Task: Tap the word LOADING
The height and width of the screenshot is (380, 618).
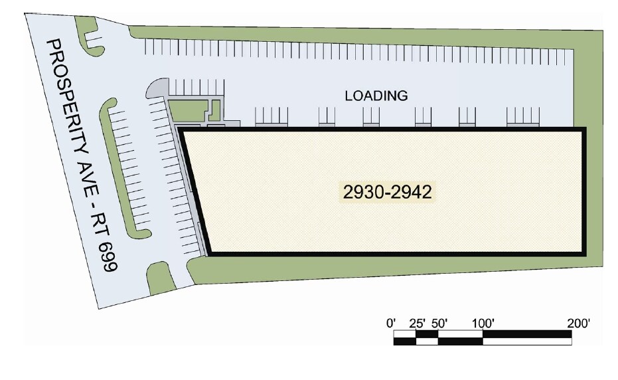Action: [376, 96]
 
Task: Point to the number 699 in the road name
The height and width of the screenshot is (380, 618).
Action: [109, 256]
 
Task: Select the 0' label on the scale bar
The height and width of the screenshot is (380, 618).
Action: [392, 324]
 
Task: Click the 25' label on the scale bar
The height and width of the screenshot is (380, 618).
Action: [417, 324]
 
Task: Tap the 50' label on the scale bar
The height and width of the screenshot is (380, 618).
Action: [439, 324]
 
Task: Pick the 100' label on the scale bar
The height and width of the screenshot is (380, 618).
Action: [483, 324]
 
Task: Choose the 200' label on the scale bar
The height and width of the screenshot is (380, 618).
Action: [579, 324]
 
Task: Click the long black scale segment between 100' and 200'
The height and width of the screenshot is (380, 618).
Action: [527, 333]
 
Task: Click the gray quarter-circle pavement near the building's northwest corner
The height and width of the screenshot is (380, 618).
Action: [157, 88]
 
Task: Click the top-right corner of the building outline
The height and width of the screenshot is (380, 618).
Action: [583, 130]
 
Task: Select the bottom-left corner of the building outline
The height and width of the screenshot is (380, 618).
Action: [208, 252]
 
